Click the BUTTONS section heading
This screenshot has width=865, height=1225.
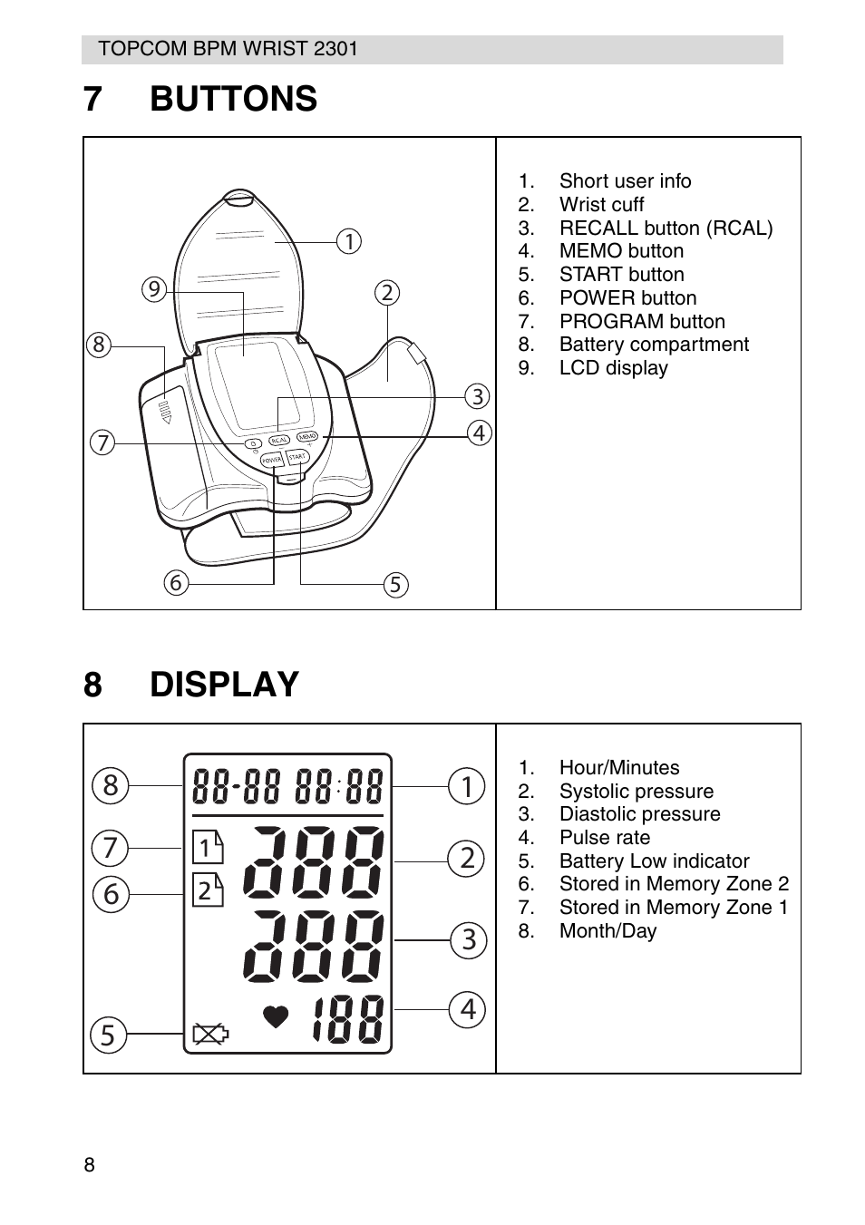(x=233, y=99)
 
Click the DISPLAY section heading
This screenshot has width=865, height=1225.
(x=224, y=685)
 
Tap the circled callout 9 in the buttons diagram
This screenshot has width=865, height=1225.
(x=155, y=289)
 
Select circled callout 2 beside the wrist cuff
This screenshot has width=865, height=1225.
(x=387, y=292)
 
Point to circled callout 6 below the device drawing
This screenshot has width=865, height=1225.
(x=176, y=582)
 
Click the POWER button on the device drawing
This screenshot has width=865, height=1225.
(x=272, y=461)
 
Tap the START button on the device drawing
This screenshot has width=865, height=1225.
(x=298, y=456)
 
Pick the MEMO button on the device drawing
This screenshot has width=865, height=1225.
(x=306, y=437)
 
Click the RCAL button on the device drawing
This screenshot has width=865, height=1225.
(x=279, y=440)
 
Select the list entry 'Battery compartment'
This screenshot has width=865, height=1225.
(x=653, y=345)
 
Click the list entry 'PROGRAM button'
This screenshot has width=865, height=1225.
(x=641, y=322)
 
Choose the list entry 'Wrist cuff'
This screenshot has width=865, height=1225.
(x=601, y=205)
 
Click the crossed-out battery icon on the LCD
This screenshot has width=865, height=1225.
(x=210, y=1033)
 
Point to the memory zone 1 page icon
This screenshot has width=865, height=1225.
(x=208, y=848)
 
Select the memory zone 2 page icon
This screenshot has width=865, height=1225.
(x=208, y=890)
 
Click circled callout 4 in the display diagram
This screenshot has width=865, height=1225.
(x=467, y=1008)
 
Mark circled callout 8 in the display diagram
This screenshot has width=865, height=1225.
(x=110, y=785)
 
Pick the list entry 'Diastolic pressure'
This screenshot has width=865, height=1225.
(x=639, y=814)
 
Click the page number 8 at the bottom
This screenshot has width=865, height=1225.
(x=89, y=1165)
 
